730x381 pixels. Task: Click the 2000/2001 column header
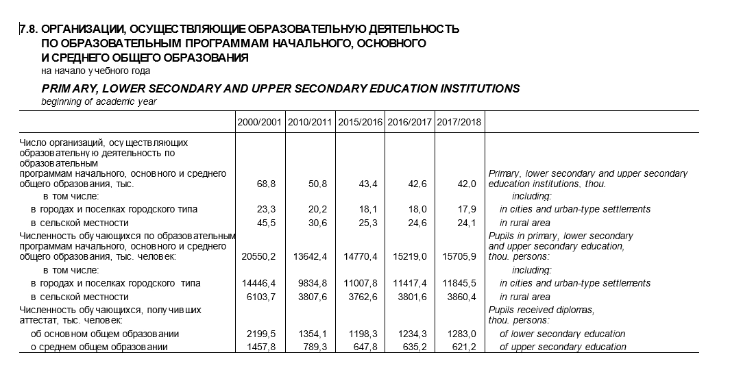pyautogui.click(x=260, y=123)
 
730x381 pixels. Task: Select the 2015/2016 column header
pyautogui.click(x=360, y=123)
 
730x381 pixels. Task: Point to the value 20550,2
pyautogui.click(x=258, y=257)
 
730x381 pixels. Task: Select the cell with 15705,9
pyautogui.click(x=459, y=257)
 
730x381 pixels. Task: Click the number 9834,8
pyautogui.click(x=312, y=283)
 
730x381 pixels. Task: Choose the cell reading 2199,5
pyautogui.click(x=260, y=334)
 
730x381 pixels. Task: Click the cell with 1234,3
pyautogui.click(x=413, y=334)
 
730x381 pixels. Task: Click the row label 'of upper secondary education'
pyautogui.click(x=563, y=347)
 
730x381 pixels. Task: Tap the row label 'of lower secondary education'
pyautogui.click(x=562, y=334)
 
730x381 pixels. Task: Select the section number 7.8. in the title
pyautogui.click(x=29, y=29)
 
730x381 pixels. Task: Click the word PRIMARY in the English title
pyautogui.click(x=71, y=88)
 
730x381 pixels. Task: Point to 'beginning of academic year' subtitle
pyautogui.click(x=99, y=102)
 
